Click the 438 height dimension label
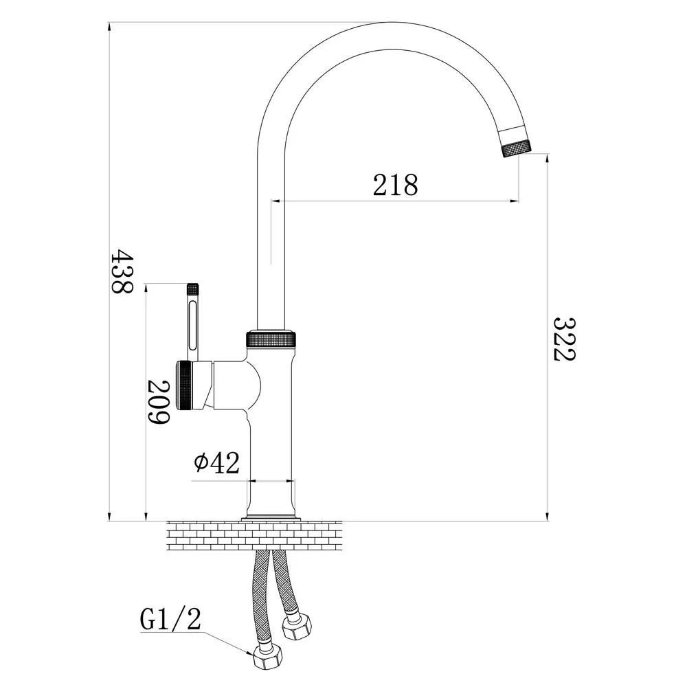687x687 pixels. pos(122,271)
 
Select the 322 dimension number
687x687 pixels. pos(564,339)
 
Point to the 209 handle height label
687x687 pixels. pos(158,402)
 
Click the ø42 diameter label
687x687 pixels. pos(217,462)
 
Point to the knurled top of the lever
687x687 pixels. pos(193,289)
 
